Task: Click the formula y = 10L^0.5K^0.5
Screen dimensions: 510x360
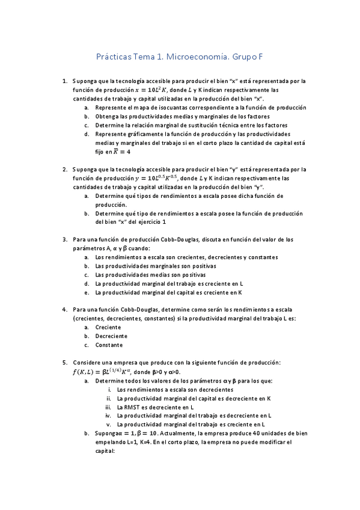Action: [157, 179]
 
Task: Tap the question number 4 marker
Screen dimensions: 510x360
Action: [64, 309]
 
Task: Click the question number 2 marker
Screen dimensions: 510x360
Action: [64, 170]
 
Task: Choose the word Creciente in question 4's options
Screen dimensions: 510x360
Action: [109, 327]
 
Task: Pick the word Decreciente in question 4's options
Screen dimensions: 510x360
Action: [111, 336]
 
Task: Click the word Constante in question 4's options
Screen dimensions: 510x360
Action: [109, 345]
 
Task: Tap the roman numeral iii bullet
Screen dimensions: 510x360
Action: [109, 407]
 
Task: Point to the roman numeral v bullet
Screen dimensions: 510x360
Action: [109, 424]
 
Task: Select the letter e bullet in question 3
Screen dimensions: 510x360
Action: [87, 292]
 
